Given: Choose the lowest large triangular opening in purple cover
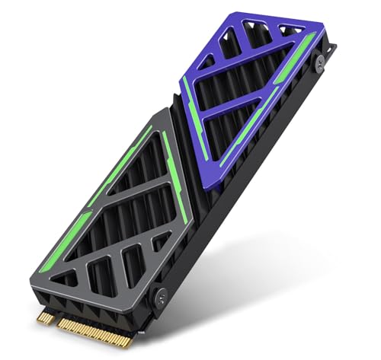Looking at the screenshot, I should click(x=229, y=122).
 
